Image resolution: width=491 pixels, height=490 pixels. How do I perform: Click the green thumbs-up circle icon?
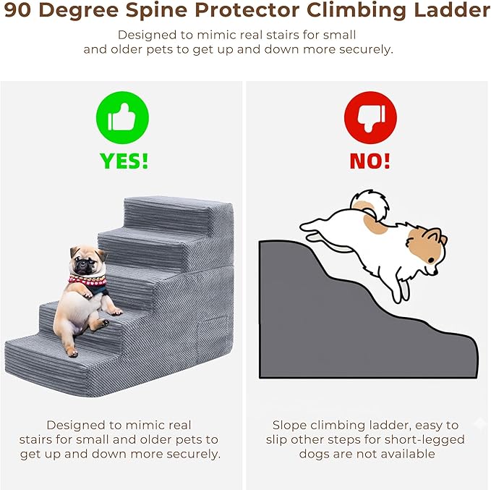coord(122,117)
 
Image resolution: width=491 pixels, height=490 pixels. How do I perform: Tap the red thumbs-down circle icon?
coord(370,117)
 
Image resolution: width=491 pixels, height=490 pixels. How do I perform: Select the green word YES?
coord(124,161)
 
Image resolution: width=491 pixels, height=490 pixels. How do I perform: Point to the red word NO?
coord(370,161)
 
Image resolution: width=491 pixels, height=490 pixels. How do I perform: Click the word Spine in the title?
coord(157,11)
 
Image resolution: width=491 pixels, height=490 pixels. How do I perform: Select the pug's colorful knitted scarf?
coord(87,281)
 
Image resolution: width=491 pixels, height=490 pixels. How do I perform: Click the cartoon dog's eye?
coord(431,260)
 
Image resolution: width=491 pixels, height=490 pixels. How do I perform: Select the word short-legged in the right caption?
coord(426,440)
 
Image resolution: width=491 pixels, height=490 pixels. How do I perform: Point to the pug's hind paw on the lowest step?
coord(72,353)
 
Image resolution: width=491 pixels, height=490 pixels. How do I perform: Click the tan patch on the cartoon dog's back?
coord(374,223)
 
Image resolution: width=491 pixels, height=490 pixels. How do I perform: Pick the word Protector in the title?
coord(247,10)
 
